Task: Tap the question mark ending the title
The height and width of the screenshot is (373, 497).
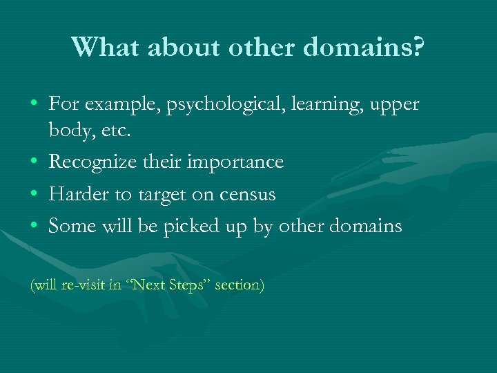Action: pos(419,46)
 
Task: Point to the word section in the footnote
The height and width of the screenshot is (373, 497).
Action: pos(239,285)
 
